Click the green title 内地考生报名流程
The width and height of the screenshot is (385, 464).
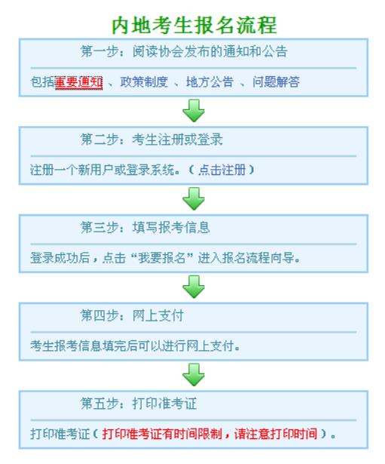click(194, 25)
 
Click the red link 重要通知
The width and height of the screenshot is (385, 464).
click(78, 82)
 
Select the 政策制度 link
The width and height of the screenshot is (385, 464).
click(144, 81)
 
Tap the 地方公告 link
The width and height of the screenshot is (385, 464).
click(209, 81)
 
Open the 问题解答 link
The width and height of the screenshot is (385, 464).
click(276, 81)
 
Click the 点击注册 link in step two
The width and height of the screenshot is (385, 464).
click(222, 170)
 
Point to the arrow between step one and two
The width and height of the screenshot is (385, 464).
click(194, 111)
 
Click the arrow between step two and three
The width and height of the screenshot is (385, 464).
click(194, 198)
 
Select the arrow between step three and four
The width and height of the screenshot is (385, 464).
click(194, 287)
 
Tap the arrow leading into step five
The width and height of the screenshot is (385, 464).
click(194, 375)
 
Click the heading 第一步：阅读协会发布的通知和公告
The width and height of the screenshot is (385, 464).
click(184, 51)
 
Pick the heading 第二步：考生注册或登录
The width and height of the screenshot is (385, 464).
click(151, 140)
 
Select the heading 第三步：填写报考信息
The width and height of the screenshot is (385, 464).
click(145, 228)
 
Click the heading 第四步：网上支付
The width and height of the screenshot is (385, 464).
click(132, 315)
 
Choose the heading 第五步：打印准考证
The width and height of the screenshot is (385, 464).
click(139, 404)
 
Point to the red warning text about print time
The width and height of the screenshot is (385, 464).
click(209, 434)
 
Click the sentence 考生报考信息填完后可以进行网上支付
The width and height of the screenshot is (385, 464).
click(135, 346)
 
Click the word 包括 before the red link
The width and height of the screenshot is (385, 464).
click(42, 82)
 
